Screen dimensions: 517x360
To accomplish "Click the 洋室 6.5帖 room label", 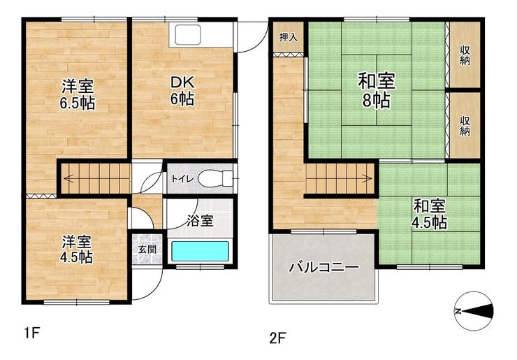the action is pyautogui.click(x=78, y=94).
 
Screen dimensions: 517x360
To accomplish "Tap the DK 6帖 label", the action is pyautogui.click(x=182, y=91).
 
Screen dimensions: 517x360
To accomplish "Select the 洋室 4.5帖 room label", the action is pyautogui.click(x=76, y=250).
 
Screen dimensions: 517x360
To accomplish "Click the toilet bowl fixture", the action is pyautogui.click(x=215, y=178).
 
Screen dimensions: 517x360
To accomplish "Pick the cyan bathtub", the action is pyautogui.click(x=200, y=252).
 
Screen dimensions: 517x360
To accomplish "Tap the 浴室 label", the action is pyautogui.click(x=200, y=221).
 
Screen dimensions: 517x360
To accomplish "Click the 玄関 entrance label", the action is pyautogui.click(x=147, y=249).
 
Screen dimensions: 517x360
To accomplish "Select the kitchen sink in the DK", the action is pyautogui.click(x=188, y=35).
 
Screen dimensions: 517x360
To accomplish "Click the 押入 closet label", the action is pyautogui.click(x=289, y=37).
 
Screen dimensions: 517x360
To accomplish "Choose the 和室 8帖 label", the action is pyautogui.click(x=377, y=91).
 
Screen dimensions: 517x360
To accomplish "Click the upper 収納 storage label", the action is pyautogui.click(x=465, y=55).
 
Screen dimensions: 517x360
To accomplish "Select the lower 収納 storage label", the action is pyautogui.click(x=465, y=126).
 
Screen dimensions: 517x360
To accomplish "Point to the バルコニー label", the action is pyautogui.click(x=324, y=267).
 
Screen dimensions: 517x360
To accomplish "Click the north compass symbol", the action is pyautogui.click(x=474, y=311).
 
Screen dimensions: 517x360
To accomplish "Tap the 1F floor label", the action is pyautogui.click(x=32, y=333).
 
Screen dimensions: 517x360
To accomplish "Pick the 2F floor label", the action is pyautogui.click(x=277, y=338).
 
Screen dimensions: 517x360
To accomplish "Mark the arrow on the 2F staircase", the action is pyautogui.click(x=340, y=179).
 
